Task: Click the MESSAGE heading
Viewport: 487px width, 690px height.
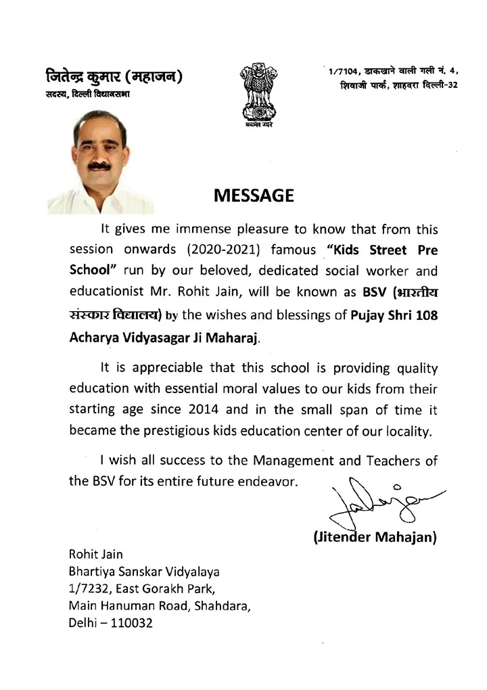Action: [254, 196]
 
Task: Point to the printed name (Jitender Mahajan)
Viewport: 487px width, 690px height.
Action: [375, 538]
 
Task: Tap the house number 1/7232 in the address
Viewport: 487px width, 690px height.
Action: [91, 588]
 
